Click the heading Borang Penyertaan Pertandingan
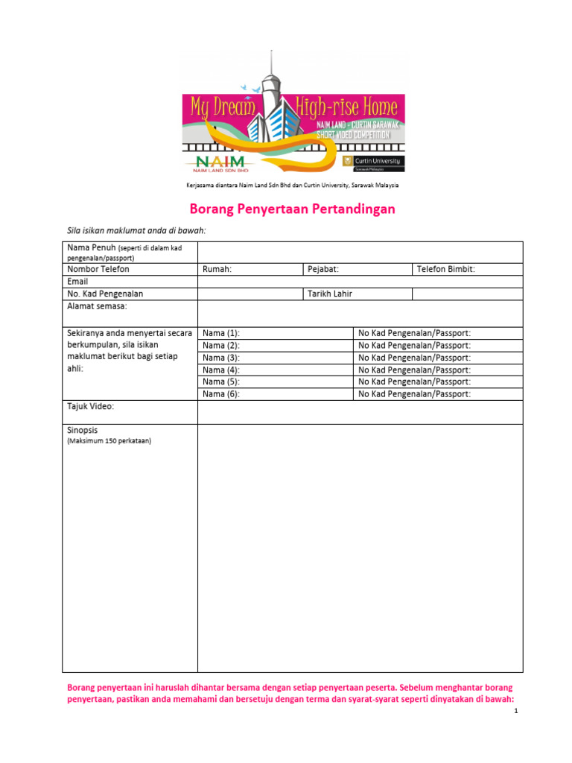coord(290,209)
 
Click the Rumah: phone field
coord(250,270)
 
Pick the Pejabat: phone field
coord(357,270)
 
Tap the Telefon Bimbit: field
coord(467,270)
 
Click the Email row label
coord(78,282)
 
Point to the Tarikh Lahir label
coord(330,294)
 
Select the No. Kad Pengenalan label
coord(105,294)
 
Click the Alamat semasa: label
coord(98,306)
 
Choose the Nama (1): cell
coord(275,334)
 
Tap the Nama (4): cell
coord(275,370)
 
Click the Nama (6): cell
coord(275,394)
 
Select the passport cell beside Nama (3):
coord(438,358)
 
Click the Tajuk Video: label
coord(91,407)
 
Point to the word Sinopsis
coord(83,431)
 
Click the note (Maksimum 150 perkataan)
coord(109,441)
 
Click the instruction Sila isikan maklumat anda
coord(136,231)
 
